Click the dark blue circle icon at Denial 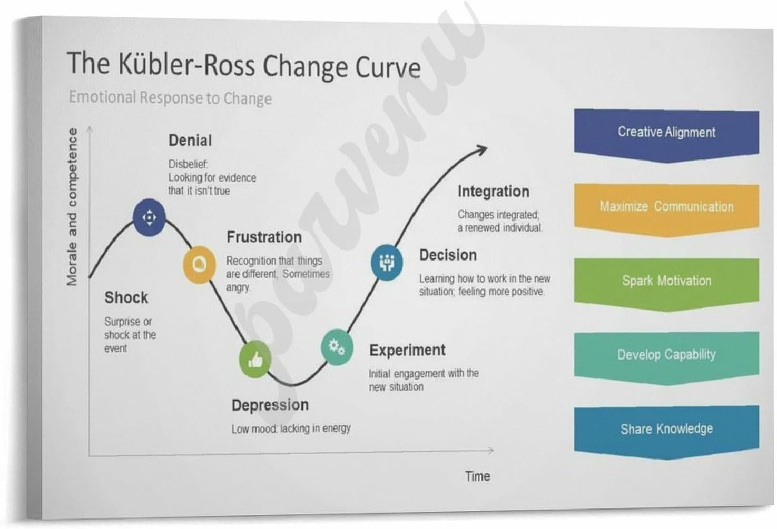[149, 217]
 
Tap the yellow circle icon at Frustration [199, 264]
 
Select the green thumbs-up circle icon [255, 360]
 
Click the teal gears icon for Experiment [337, 347]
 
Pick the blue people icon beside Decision [387, 262]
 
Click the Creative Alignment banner [666, 133]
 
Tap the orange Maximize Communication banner [666, 207]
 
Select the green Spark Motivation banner [666, 281]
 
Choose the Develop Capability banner [666, 355]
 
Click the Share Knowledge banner [666, 429]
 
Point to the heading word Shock [126, 298]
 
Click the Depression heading [270, 405]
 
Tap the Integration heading [493, 192]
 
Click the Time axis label [477, 476]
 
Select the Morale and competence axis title [72, 207]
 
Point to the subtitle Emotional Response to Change [170, 98]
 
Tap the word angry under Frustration [238, 288]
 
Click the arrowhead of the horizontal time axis [490, 451]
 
